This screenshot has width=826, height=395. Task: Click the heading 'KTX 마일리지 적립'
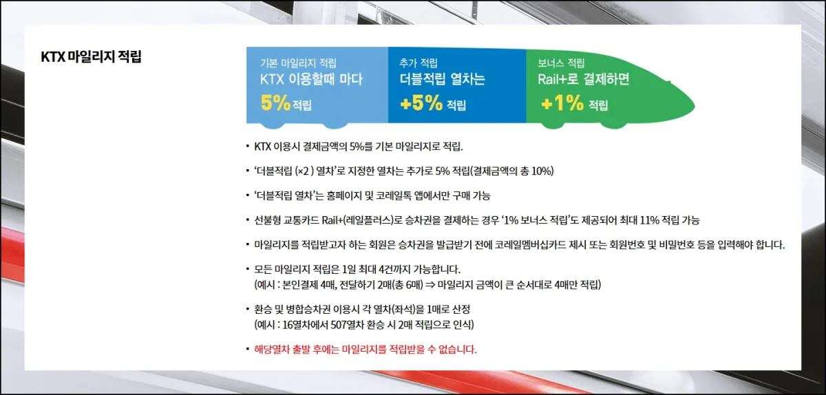[91, 57]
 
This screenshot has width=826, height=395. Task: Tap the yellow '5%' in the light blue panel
[275, 103]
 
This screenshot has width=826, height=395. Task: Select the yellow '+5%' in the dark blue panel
[421, 103]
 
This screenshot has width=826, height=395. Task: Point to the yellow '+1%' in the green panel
[562, 103]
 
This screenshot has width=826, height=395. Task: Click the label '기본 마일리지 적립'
[298, 63]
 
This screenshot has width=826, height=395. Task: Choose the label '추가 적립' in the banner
[419, 63]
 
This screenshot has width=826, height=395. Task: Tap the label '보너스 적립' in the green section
[561, 63]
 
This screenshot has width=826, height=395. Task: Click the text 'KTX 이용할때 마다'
[311, 79]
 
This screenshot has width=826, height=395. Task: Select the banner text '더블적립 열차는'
[442, 79]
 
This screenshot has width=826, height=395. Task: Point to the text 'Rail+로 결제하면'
[584, 79]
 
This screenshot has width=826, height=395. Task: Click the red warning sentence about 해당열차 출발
[366, 350]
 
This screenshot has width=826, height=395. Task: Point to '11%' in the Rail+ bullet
[648, 220]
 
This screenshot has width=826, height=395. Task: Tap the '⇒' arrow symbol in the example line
[430, 285]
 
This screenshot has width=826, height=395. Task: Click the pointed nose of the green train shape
[694, 106]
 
